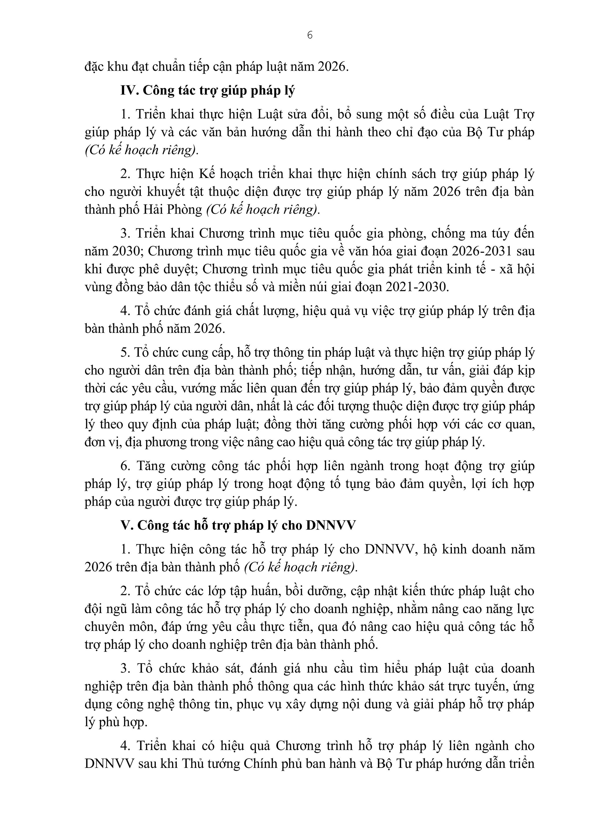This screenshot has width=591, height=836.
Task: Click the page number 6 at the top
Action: coord(310,35)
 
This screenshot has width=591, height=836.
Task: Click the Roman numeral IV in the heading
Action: coord(128,91)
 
